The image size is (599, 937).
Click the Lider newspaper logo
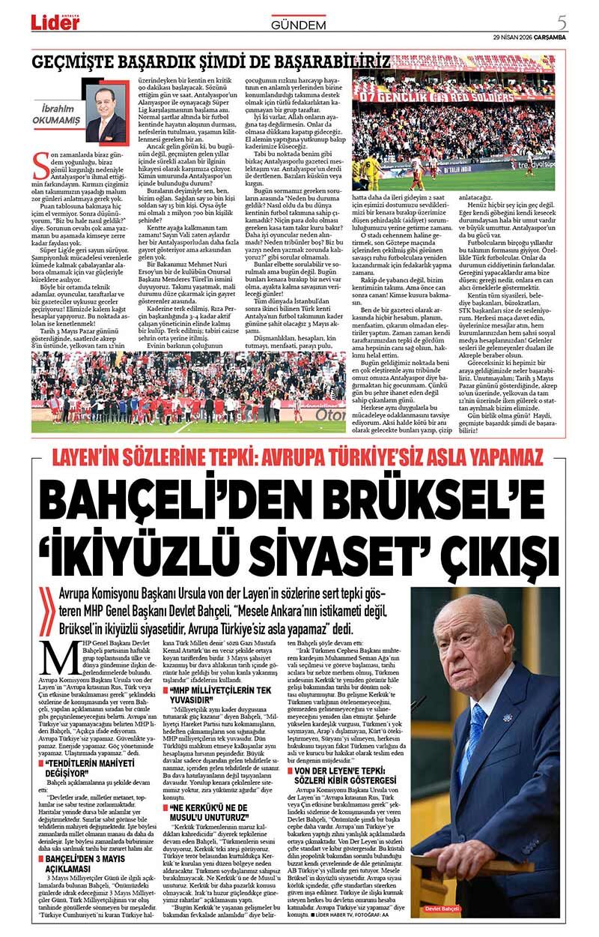55,22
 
